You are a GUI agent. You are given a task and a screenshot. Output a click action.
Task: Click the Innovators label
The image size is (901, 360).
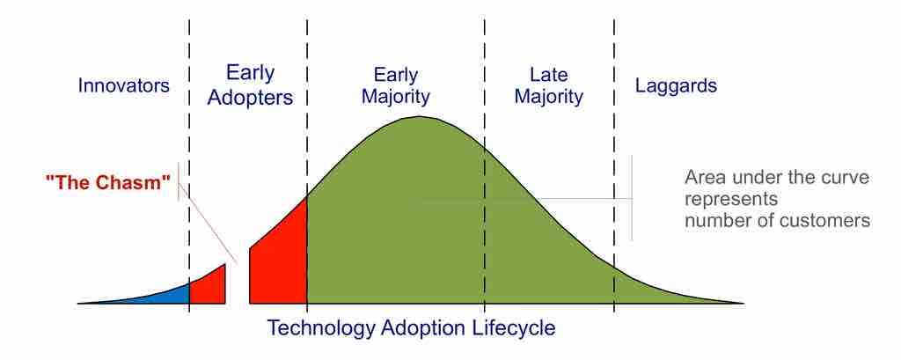tap(123, 86)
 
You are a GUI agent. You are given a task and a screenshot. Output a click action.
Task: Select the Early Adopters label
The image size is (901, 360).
tap(250, 85)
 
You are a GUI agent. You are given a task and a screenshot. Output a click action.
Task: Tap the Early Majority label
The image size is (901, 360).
tap(396, 85)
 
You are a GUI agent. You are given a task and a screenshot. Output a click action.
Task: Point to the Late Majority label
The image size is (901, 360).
tap(548, 85)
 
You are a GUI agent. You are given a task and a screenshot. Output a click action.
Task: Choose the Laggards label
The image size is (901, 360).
tap(676, 86)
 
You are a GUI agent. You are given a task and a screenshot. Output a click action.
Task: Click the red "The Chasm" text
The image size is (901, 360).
tap(108, 184)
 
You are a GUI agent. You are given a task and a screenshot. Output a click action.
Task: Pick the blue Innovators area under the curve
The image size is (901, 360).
tap(167, 295)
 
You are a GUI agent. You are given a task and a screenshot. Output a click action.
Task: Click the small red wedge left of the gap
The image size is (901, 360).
tap(209, 287)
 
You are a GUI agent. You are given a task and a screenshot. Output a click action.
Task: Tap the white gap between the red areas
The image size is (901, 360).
tap(238, 282)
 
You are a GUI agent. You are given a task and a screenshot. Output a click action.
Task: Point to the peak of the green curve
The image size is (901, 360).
tap(418, 118)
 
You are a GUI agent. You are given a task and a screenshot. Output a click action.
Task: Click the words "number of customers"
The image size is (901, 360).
tap(777, 220)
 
